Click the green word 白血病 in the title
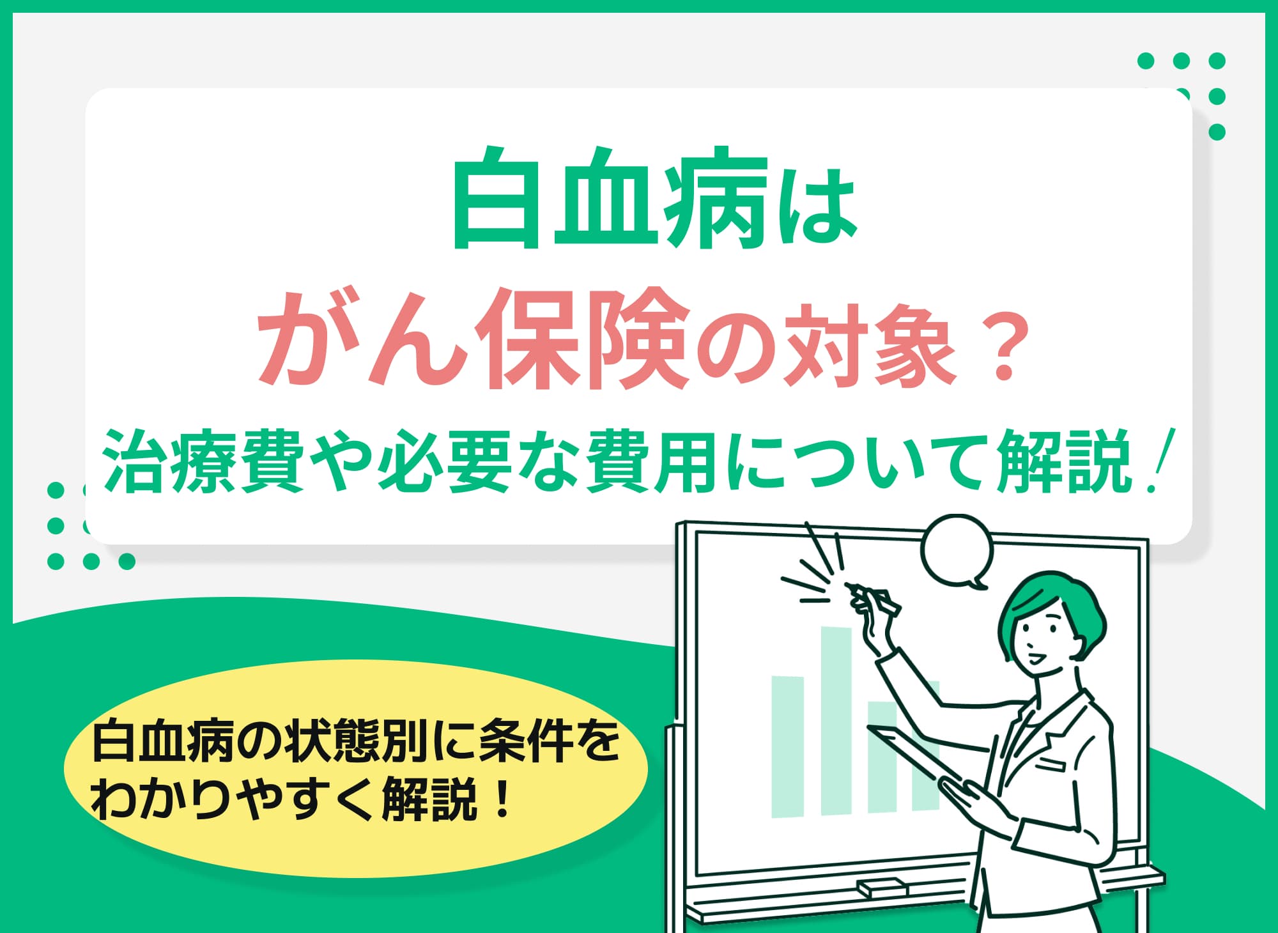click(610, 198)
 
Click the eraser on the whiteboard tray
click(882, 887)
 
